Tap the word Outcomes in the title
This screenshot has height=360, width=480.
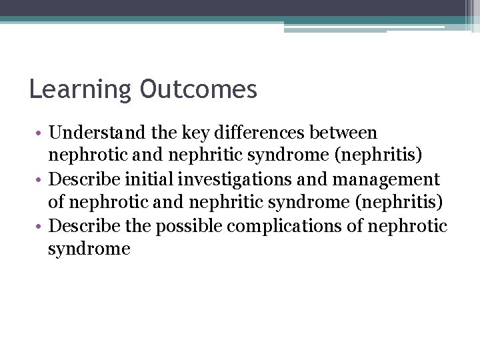click(x=198, y=89)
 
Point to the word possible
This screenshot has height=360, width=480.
click(x=189, y=226)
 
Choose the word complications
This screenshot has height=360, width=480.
click(x=289, y=226)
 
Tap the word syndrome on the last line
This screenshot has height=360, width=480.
click(x=89, y=249)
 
